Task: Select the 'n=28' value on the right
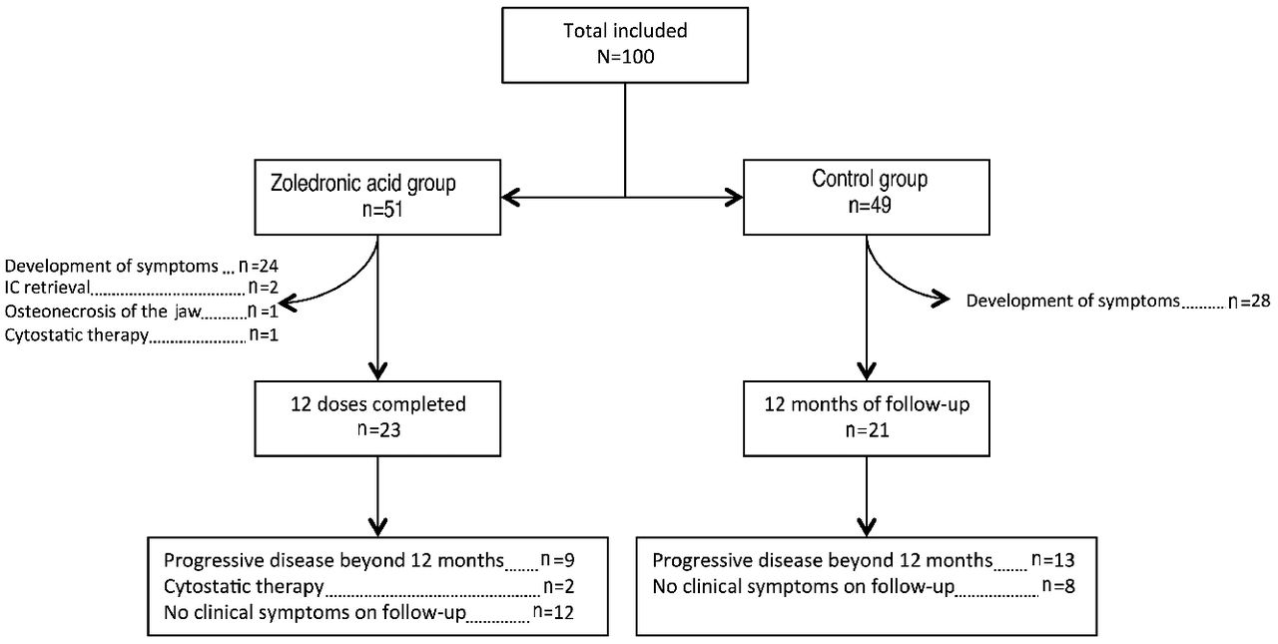click(x=1248, y=301)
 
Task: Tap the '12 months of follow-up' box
click(x=866, y=417)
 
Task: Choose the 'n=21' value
click(x=866, y=432)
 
